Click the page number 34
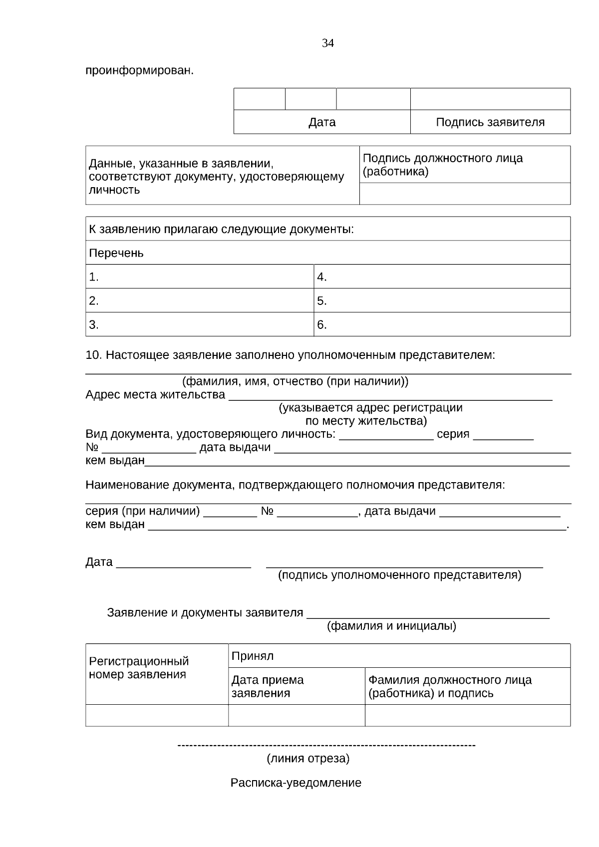pyautogui.click(x=328, y=43)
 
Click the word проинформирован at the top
pyautogui.click(x=139, y=71)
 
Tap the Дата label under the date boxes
pyautogui.click(x=322, y=122)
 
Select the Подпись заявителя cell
pyautogui.click(x=490, y=122)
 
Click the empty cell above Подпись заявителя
pyautogui.click(x=490, y=99)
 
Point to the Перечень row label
pyautogui.click(x=116, y=253)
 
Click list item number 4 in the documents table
pyautogui.click(x=322, y=277)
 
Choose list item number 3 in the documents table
pyautogui.click(x=94, y=325)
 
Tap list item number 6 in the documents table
pyautogui.click(x=322, y=325)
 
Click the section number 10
pyautogui.click(x=93, y=355)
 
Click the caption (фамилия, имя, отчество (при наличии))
pyautogui.click(x=295, y=382)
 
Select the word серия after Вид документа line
pyautogui.click(x=453, y=434)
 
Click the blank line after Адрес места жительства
pyautogui.click(x=390, y=397)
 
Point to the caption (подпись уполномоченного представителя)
pyautogui.click(x=399, y=575)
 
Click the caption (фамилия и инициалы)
pyautogui.click(x=391, y=626)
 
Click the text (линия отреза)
pyautogui.click(x=308, y=759)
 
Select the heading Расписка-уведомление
pyautogui.click(x=296, y=783)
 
